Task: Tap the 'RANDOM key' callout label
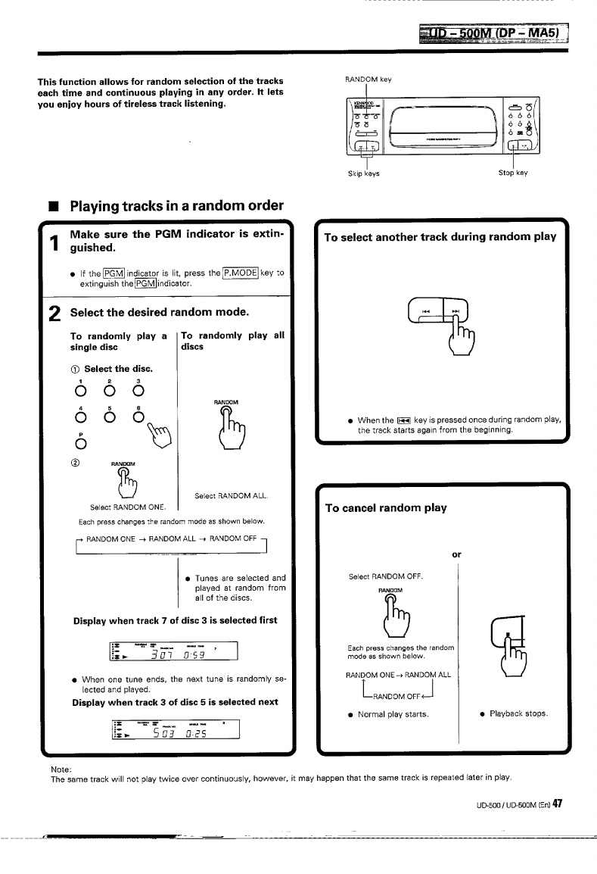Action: click(368, 79)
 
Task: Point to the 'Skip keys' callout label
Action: click(362, 173)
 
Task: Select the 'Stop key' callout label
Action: click(512, 173)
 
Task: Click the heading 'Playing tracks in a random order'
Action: click(176, 206)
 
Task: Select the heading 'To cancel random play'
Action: click(385, 507)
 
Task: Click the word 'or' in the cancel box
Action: click(456, 554)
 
